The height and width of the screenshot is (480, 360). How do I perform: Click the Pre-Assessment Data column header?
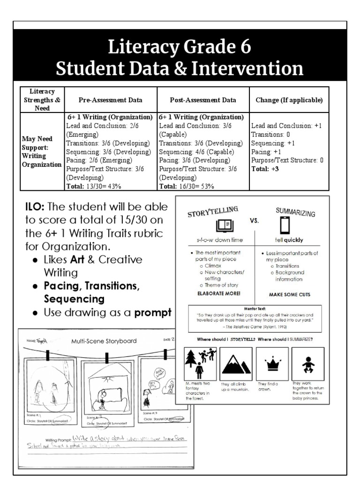tap(111, 100)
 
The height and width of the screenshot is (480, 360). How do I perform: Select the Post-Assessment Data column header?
tap(203, 100)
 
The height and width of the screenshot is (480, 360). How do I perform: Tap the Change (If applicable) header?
tap(289, 100)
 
